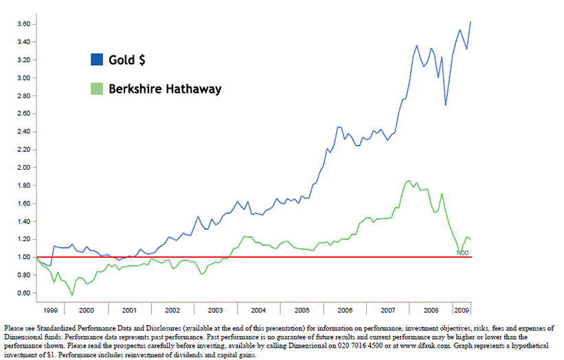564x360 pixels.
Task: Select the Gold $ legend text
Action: (126, 60)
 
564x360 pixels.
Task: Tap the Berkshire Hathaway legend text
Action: (165, 89)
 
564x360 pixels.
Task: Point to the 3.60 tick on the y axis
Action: (22, 24)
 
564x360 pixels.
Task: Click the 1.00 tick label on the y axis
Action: (22, 257)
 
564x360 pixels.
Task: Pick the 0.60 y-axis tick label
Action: (22, 293)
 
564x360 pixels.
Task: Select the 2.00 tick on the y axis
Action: (22, 168)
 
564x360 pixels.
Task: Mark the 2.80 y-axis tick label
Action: (22, 95)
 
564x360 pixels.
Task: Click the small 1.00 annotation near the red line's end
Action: (462, 253)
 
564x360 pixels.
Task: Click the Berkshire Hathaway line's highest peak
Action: (409, 181)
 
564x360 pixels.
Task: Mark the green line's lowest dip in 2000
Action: (71, 295)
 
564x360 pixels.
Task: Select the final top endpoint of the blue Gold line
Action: (471, 22)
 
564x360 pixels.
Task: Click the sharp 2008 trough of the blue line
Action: (446, 105)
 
